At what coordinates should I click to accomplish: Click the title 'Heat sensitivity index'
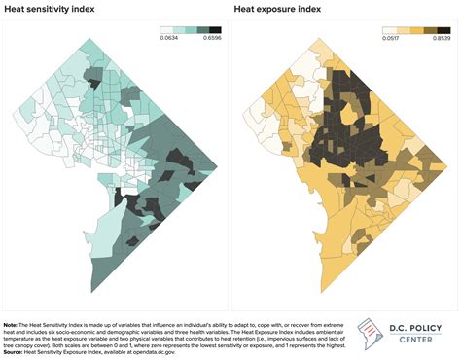tap(52, 12)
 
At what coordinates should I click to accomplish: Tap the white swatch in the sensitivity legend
tap(165, 31)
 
